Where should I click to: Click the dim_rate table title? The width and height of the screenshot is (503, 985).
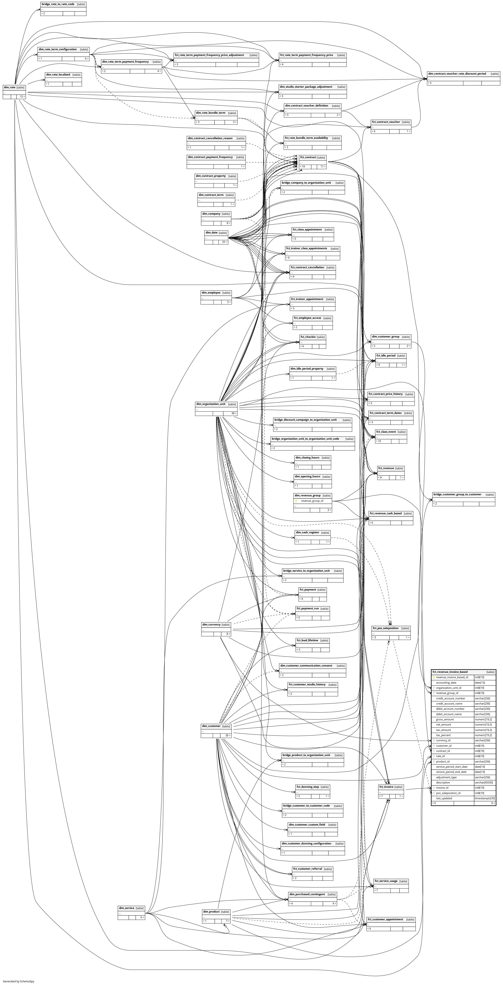[x=9, y=87]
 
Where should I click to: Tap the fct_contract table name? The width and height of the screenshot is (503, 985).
[x=308, y=157]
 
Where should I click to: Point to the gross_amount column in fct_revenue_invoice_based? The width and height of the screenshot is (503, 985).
[x=445, y=719]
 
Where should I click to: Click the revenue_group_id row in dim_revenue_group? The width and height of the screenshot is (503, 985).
[x=312, y=500]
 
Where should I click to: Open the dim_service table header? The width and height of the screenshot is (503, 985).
[x=126, y=908]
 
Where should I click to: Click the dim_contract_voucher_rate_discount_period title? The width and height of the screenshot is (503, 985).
[x=457, y=73]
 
